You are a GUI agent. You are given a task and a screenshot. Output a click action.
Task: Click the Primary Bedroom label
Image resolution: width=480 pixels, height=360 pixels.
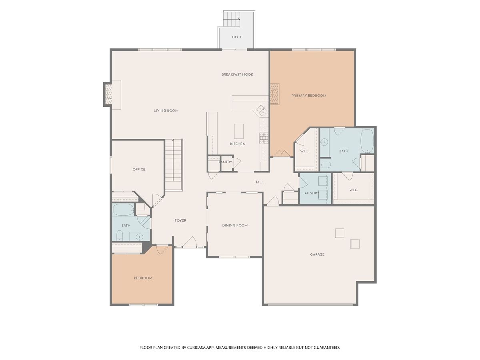pyautogui.click(x=309, y=96)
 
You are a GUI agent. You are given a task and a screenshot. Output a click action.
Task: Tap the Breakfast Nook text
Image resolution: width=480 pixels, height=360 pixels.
pyautogui.click(x=238, y=74)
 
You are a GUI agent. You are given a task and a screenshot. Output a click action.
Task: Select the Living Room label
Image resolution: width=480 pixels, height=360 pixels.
pyautogui.click(x=166, y=111)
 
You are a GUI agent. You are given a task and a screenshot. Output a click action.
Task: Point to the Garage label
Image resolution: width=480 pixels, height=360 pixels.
pyautogui.click(x=317, y=254)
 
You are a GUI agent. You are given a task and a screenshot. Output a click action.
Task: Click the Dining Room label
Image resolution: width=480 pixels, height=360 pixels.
pyautogui.click(x=235, y=225)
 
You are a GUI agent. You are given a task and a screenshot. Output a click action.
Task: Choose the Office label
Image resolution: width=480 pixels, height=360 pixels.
pyautogui.click(x=139, y=169)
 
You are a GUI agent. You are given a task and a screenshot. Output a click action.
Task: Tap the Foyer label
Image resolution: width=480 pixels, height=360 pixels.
pyautogui.click(x=180, y=220)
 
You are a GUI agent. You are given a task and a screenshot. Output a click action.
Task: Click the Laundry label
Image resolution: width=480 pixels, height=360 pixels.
pyautogui.click(x=311, y=193)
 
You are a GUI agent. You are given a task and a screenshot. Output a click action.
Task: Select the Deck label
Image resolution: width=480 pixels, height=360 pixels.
pyautogui.click(x=237, y=37)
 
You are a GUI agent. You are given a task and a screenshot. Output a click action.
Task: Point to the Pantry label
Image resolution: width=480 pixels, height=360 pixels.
pyautogui.click(x=226, y=162)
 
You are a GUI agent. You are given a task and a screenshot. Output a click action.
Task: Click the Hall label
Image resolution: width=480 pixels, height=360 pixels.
pyautogui.click(x=259, y=182)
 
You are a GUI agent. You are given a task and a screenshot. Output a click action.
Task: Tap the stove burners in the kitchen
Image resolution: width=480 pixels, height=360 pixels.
pyautogui.click(x=264, y=138)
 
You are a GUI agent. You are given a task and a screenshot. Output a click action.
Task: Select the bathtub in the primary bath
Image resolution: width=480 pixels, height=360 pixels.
pyautogui.click(x=367, y=141)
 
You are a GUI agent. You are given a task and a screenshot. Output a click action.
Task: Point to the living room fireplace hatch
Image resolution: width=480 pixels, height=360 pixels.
pyautogui.click(x=109, y=94)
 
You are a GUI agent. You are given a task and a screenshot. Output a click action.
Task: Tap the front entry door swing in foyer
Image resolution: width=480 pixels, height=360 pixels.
pyautogui.click(x=189, y=242)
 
